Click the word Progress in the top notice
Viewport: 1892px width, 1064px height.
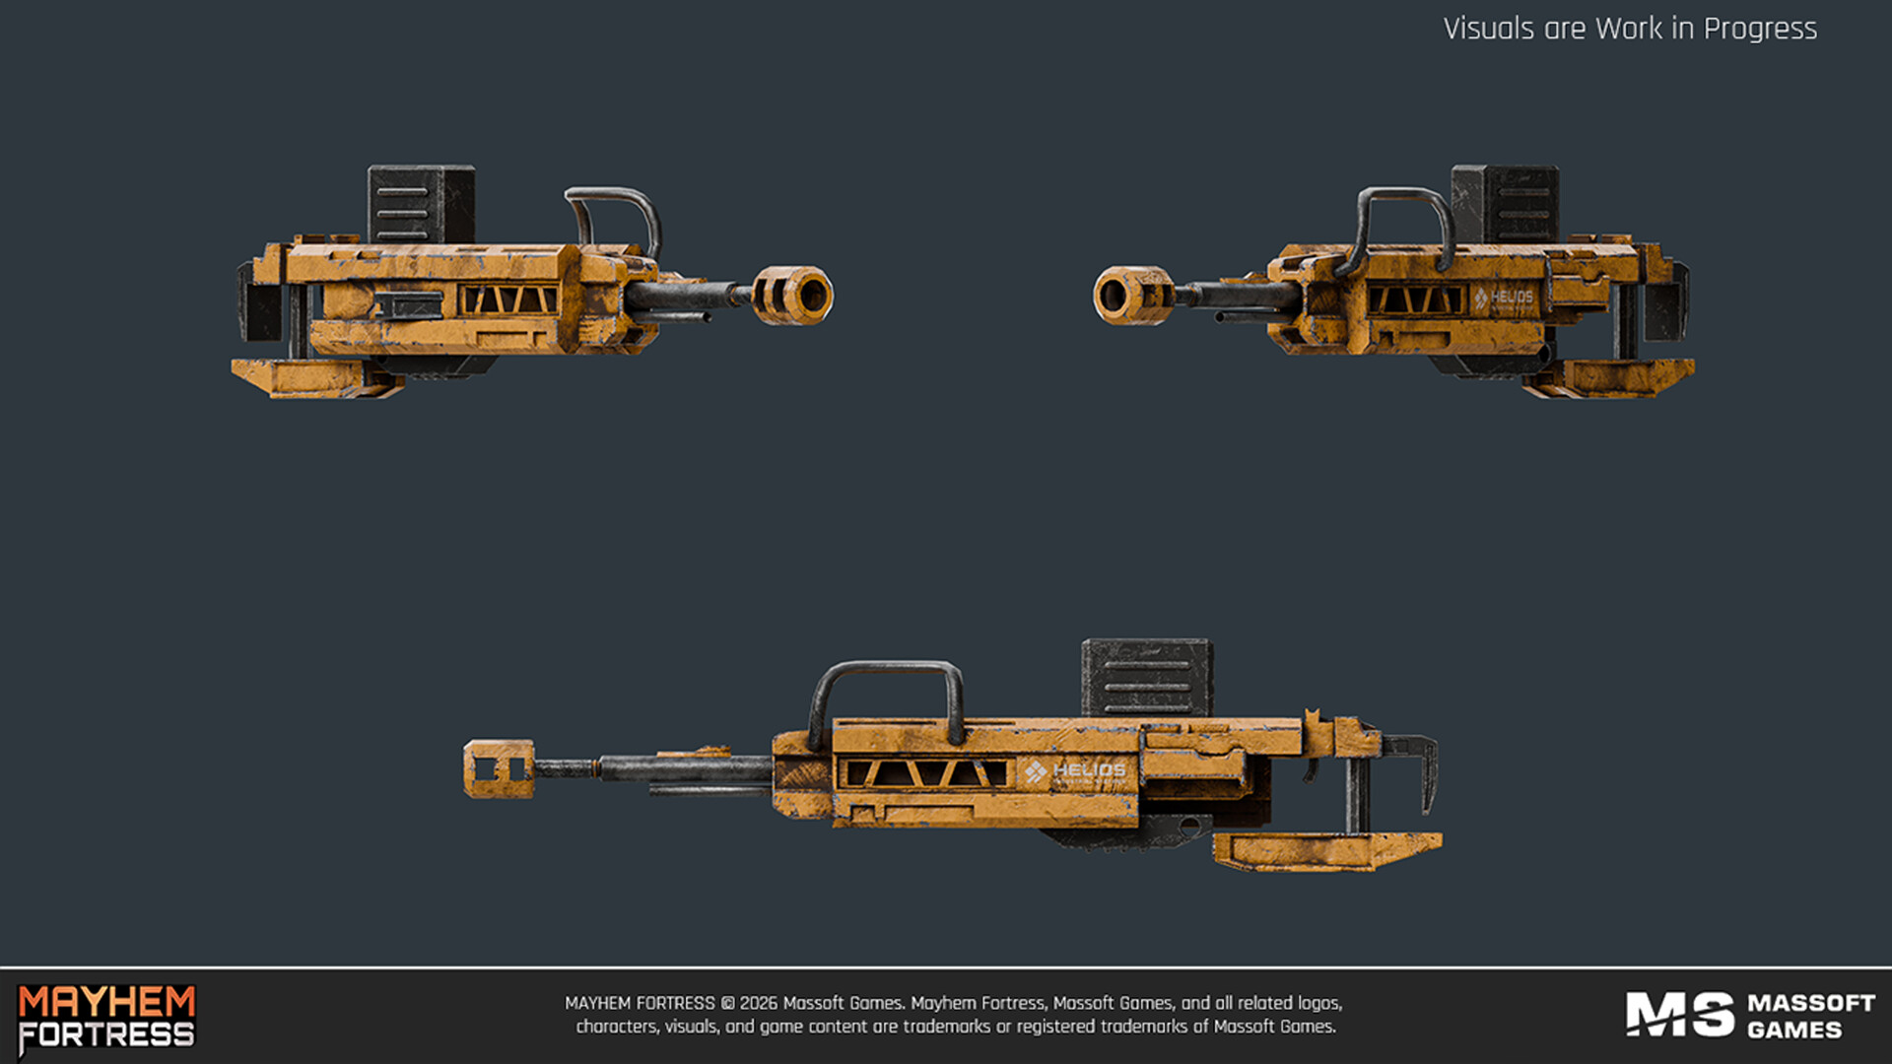coord(1760,29)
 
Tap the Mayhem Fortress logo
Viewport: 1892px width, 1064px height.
coord(106,1019)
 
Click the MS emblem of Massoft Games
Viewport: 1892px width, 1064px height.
coord(1679,1015)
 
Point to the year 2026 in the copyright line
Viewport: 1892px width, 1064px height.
coord(758,1003)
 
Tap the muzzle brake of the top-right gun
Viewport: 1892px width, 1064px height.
coord(1129,295)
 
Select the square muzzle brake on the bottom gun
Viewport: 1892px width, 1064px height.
coord(499,768)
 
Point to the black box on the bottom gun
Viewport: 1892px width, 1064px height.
coord(1147,678)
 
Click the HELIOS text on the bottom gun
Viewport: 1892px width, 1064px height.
coord(1089,769)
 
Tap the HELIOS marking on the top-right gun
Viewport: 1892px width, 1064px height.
coord(1511,297)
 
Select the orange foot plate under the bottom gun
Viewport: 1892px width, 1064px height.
coord(1326,851)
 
